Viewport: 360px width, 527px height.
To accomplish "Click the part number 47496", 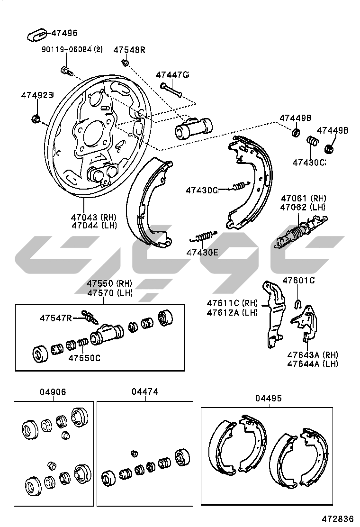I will click(64, 33).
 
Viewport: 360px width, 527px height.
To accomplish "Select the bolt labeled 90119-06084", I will click(66, 71).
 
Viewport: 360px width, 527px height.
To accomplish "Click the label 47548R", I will click(129, 50).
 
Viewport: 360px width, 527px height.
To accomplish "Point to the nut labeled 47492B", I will click(35, 118).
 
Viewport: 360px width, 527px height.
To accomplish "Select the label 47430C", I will click(309, 163).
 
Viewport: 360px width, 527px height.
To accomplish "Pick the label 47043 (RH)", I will click(94, 217).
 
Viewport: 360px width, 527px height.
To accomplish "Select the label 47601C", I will click(298, 281).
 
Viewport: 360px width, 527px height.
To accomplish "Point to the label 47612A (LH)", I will click(232, 312).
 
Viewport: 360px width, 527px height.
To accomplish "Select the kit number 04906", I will click(53, 392).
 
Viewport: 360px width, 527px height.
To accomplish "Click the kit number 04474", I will click(144, 392).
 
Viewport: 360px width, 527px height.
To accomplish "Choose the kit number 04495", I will click(268, 399).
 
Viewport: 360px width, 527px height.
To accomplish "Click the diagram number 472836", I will click(339, 519).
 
